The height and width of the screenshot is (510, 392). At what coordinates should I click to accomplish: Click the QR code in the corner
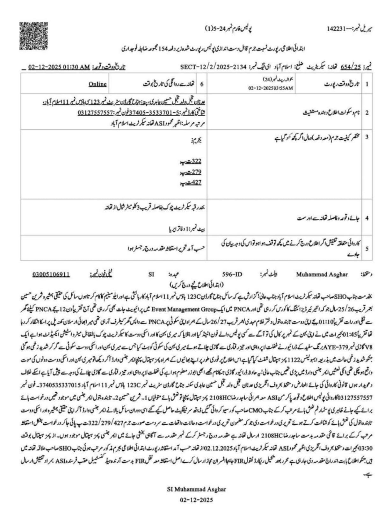coord(29,36)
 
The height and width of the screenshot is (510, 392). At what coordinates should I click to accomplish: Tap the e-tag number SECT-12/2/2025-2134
coord(213,67)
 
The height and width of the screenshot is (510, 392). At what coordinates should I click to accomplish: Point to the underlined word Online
coord(98,84)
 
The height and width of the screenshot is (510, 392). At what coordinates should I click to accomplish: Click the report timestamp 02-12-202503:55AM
coord(271,88)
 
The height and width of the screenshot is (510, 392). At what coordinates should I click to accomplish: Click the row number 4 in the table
coord(367,218)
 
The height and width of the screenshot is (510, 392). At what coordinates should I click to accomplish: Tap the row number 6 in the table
coord(201,84)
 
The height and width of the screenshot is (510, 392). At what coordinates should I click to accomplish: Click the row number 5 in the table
coord(367,248)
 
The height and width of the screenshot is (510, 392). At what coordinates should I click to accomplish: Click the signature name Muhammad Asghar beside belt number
coord(322,274)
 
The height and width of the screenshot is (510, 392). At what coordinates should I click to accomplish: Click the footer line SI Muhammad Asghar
coord(196,489)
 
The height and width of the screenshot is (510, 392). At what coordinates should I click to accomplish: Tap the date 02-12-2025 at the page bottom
coord(196,499)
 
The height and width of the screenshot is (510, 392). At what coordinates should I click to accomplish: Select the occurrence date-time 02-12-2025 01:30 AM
coord(59,67)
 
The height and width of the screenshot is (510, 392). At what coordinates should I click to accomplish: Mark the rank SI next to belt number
coord(151,274)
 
